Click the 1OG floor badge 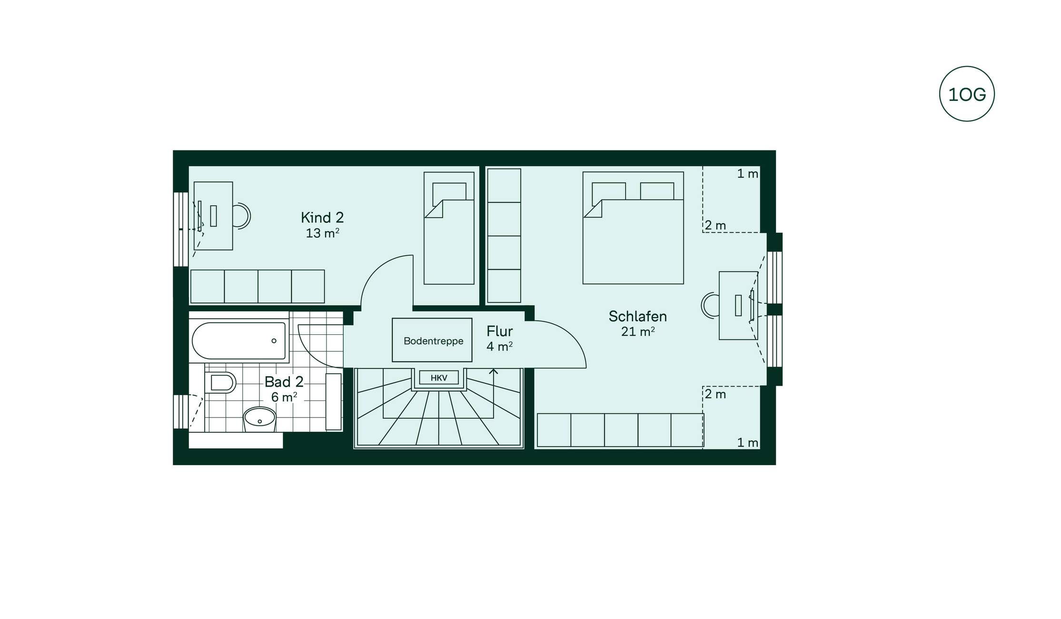click(x=967, y=94)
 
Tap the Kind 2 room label click(x=322, y=218)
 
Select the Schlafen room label click(x=637, y=316)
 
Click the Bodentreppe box click(x=432, y=340)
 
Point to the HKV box click(x=439, y=378)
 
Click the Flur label click(x=499, y=331)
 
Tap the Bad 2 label click(x=284, y=382)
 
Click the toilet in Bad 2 click(x=220, y=382)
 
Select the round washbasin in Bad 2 click(x=259, y=419)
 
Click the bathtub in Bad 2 click(x=239, y=341)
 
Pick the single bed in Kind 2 click(x=449, y=228)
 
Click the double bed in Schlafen click(x=633, y=228)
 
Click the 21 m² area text click(x=638, y=331)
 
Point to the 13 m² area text click(x=322, y=233)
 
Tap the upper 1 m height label click(x=747, y=174)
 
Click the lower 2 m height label click(x=715, y=394)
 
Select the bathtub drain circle click(x=274, y=340)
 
